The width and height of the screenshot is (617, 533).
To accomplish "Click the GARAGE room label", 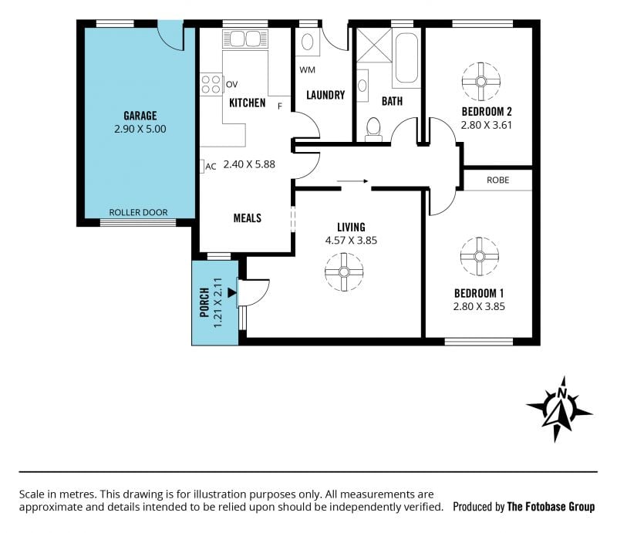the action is (140, 116).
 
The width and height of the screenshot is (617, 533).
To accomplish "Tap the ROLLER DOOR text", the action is (138, 213).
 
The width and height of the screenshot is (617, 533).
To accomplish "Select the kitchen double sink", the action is (244, 39).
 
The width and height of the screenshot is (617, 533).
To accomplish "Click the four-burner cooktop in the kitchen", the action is (211, 84).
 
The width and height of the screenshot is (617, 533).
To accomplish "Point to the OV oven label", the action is (232, 84).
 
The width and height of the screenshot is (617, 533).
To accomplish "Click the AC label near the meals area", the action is (211, 167).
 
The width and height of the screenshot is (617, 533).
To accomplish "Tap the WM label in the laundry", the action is (307, 69).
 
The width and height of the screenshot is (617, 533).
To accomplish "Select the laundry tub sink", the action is (307, 42).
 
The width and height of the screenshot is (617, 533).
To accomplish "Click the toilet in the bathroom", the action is (373, 129).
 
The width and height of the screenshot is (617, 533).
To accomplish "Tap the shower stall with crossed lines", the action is (374, 45).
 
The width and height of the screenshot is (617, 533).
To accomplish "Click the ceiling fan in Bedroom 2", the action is (480, 82).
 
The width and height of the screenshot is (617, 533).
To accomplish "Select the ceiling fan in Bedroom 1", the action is (479, 256).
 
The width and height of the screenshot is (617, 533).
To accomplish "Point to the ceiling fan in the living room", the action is (344, 272).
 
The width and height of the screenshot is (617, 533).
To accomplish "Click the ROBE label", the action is (497, 180).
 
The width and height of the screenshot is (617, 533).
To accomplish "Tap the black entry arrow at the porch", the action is (232, 292).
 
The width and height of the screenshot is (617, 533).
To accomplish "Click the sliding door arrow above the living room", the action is (352, 181).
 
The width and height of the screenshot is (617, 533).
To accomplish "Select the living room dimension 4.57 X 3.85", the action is (351, 240).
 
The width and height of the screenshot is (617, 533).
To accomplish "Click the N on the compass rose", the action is (562, 393).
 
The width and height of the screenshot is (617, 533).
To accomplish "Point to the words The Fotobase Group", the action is (551, 506).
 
